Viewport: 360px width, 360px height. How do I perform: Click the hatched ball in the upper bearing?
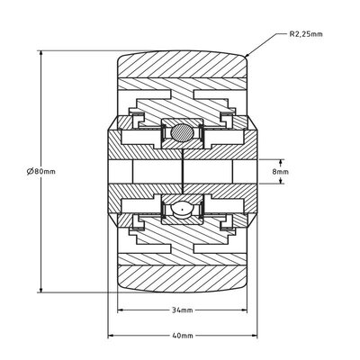(x=181, y=133)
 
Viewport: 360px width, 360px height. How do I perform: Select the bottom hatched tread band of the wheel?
(x=181, y=275)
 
